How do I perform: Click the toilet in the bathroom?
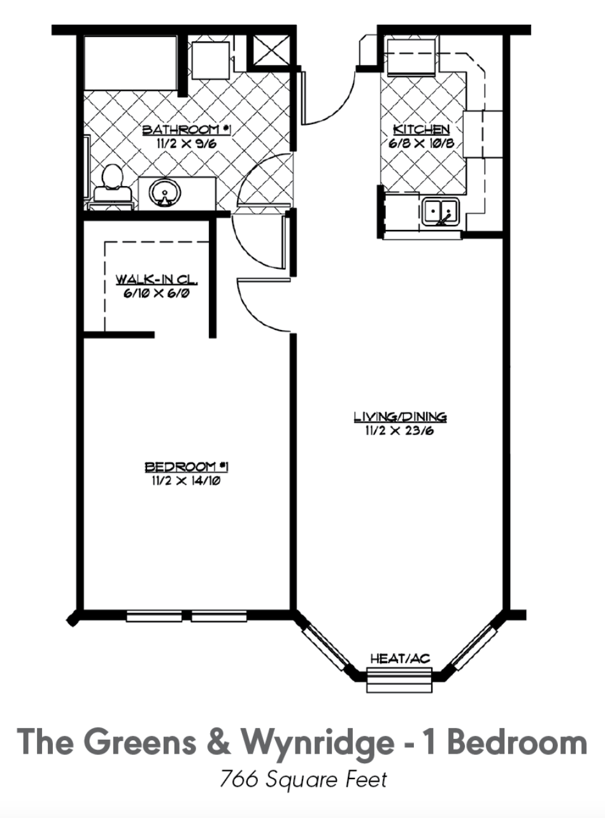pos(111,188)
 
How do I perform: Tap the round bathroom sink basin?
pos(165,192)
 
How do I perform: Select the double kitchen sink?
pos(441,212)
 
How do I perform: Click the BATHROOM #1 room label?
pos(187,129)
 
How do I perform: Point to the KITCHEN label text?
pos(422,129)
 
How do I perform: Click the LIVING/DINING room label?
pos(401,417)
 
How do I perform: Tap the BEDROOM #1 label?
pos(187,467)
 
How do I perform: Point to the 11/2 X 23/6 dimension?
pos(400,431)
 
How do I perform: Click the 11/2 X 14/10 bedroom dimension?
pos(186,481)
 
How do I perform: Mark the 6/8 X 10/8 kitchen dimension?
pos(422,143)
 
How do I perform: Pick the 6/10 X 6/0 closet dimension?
pos(157,294)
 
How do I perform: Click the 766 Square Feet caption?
pos(303,798)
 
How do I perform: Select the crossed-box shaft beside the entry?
pos(271,50)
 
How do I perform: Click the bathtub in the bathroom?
pos(131,62)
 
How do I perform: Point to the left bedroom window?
pos(154,616)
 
